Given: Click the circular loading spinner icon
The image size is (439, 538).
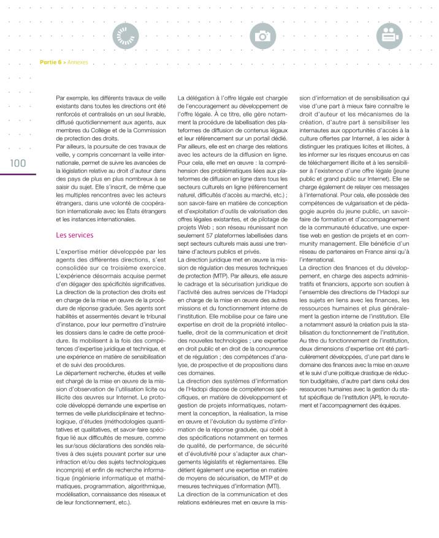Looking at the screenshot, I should tap(126, 36).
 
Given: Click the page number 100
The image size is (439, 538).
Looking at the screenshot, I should tap(17, 163).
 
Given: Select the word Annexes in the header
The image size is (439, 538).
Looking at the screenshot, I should tap(78, 62).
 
